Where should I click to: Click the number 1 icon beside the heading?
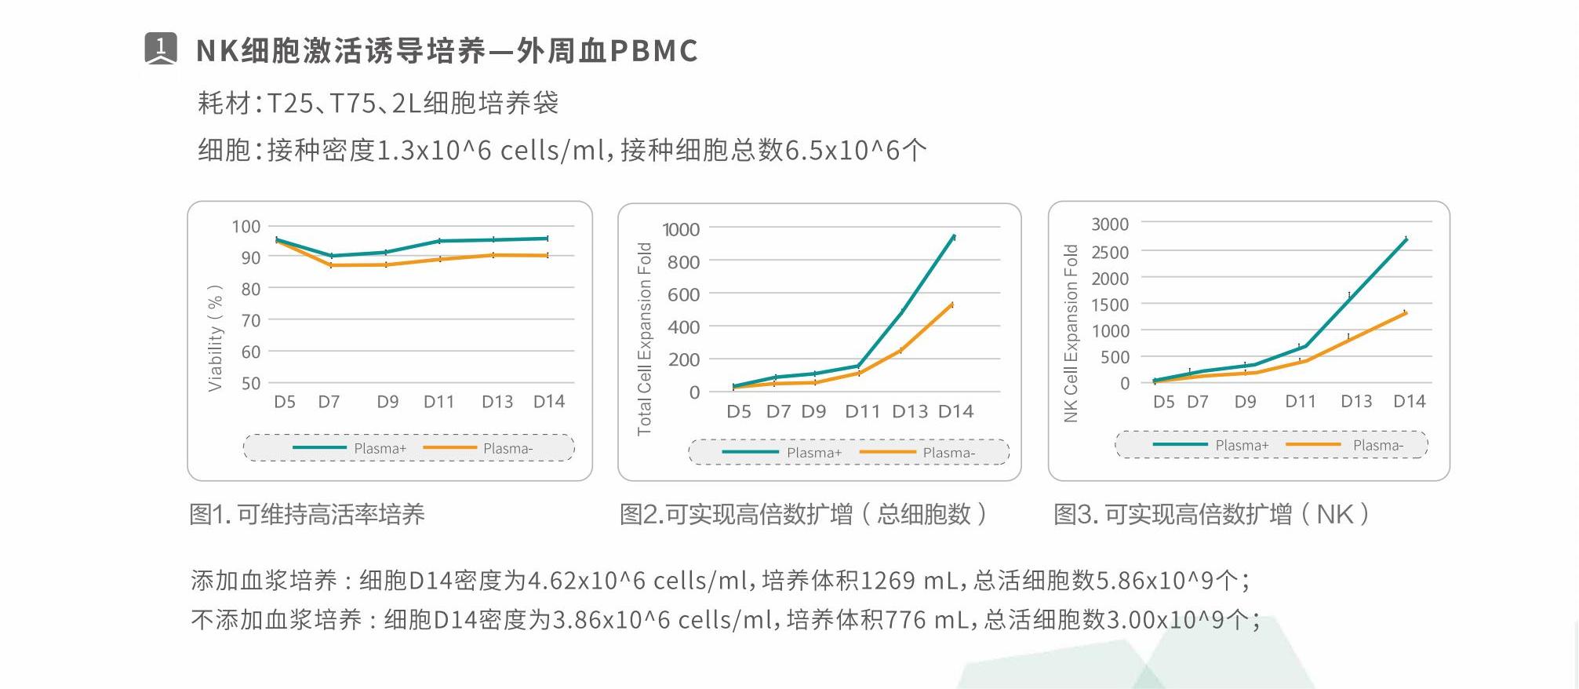[x=161, y=49]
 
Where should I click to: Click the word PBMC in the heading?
[x=653, y=51]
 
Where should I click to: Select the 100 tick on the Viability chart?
[x=246, y=227]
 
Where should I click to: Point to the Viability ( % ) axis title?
[x=215, y=338]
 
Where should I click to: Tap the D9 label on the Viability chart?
[x=387, y=402]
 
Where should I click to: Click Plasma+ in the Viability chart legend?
[x=380, y=448]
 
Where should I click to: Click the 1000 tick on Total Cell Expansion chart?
[x=681, y=230]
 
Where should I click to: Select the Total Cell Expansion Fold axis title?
[x=645, y=339]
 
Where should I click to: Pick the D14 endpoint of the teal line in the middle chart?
[x=954, y=236]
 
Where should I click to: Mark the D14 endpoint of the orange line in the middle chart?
[x=952, y=304]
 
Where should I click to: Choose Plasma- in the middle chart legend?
[x=949, y=453]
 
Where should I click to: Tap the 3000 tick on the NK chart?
[x=1110, y=224]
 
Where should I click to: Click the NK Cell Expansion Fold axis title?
[x=1071, y=334]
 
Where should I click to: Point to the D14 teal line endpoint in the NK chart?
[x=1406, y=239]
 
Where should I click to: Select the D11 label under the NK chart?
[x=1300, y=402]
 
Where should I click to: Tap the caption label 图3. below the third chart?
[x=1075, y=515]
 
